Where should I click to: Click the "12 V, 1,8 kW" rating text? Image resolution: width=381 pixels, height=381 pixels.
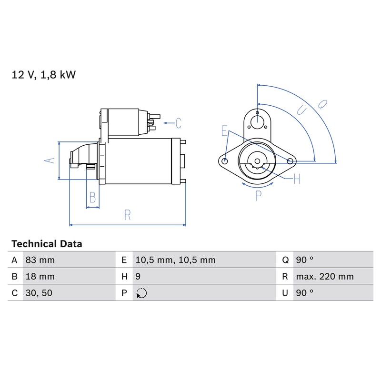(x=44, y=75)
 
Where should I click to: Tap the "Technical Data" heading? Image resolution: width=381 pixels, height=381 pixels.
(x=47, y=244)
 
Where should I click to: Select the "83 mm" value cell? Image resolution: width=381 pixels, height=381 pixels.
(x=40, y=260)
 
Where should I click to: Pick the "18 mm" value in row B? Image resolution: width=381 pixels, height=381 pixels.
(x=40, y=277)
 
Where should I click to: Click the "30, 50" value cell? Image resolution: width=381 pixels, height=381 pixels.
(x=39, y=293)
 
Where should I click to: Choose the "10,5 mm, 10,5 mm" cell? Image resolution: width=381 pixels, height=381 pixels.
(x=175, y=260)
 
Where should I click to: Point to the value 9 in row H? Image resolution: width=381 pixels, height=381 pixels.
(x=138, y=277)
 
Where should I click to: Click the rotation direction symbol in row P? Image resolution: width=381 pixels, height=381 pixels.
(x=141, y=293)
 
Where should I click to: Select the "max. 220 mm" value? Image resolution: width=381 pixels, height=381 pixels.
(x=325, y=277)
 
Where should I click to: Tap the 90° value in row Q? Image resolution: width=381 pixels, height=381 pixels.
(x=305, y=260)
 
